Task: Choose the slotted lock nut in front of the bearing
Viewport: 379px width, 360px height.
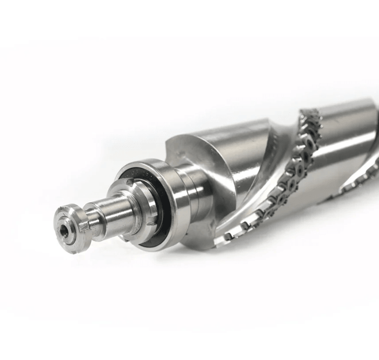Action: (x=138, y=204)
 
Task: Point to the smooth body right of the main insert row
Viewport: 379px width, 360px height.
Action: (x=336, y=153)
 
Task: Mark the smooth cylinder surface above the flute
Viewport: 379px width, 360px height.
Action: (x=229, y=140)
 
